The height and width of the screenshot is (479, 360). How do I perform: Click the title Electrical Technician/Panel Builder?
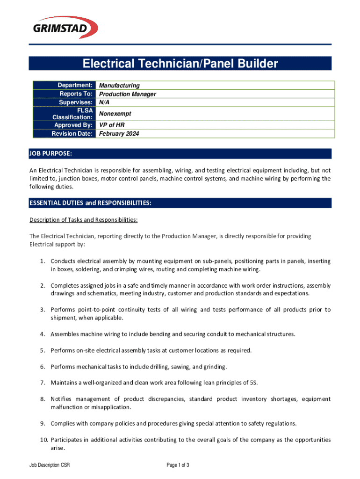pyautogui.click(x=180, y=64)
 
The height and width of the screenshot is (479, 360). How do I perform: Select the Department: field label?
pyautogui.click(x=75, y=85)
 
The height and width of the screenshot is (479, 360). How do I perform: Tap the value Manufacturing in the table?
pyautogui.click(x=119, y=86)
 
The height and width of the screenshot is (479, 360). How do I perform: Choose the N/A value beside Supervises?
pyautogui.click(x=104, y=102)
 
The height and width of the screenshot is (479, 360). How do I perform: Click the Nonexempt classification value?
pyautogui.click(x=115, y=114)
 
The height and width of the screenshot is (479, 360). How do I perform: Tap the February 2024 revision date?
pyautogui.click(x=119, y=134)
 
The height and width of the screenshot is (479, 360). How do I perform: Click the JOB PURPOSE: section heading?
pyautogui.click(x=51, y=154)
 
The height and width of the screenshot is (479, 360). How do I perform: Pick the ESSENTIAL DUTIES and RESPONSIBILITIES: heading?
pyautogui.click(x=90, y=203)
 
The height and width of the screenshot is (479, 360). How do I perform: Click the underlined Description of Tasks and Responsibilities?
pyautogui.click(x=83, y=220)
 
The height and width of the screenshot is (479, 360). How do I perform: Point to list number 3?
pyautogui.click(x=42, y=310)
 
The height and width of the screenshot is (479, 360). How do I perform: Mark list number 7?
pyautogui.click(x=42, y=383)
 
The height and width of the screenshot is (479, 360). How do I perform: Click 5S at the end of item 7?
pyautogui.click(x=254, y=383)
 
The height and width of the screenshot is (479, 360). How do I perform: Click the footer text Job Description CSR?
pyautogui.click(x=50, y=465)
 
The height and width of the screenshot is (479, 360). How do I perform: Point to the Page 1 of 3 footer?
pyautogui.click(x=178, y=465)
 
